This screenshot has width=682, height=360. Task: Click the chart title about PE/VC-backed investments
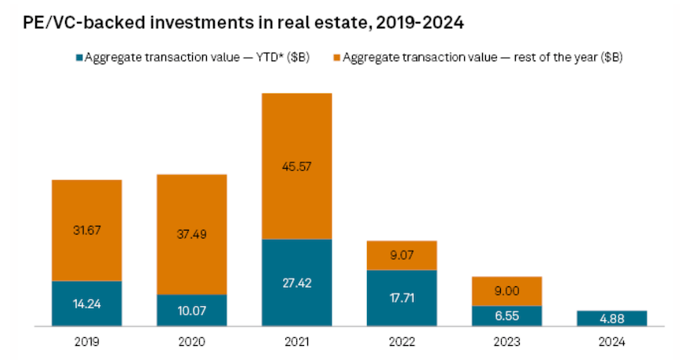click(x=244, y=24)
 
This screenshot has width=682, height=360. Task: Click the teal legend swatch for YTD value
click(x=78, y=57)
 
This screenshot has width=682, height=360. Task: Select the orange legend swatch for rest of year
click(x=336, y=57)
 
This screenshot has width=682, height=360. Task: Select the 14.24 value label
click(x=86, y=304)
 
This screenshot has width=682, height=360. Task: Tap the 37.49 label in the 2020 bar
click(x=191, y=234)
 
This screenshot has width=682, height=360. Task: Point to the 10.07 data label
click(x=191, y=311)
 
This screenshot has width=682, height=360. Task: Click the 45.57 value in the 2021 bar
click(x=296, y=165)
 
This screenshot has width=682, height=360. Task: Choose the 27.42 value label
click(x=296, y=282)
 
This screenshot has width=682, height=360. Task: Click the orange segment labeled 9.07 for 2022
click(x=401, y=255)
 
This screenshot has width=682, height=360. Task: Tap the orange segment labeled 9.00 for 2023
click(x=506, y=291)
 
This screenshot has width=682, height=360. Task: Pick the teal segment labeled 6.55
click(x=506, y=316)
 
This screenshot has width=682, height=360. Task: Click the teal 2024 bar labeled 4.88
click(x=611, y=318)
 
